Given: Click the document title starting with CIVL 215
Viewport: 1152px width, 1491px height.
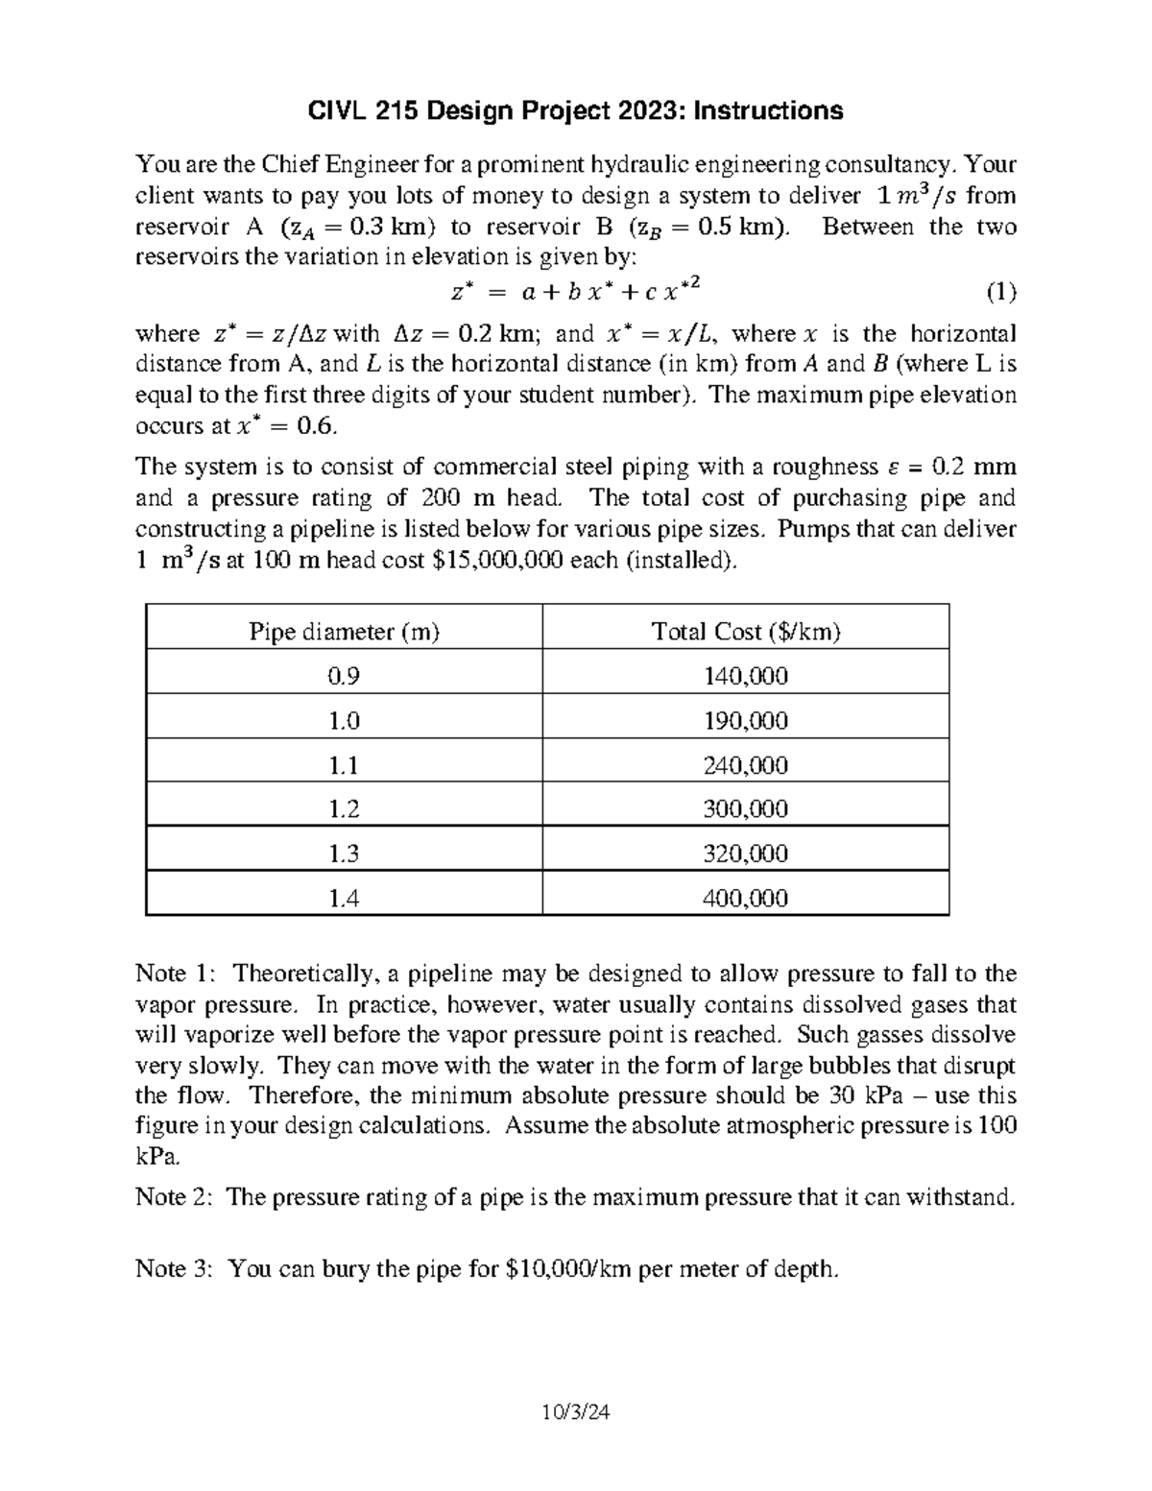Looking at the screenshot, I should pos(575,111).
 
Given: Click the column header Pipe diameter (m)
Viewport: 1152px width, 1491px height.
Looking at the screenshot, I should pos(344,632).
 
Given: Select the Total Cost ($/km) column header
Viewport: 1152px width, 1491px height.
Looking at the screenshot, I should pos(745,632).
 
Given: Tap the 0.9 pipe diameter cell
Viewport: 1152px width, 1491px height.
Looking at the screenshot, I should pos(344,676).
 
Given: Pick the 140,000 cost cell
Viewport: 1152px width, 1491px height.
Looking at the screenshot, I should pos(745,676).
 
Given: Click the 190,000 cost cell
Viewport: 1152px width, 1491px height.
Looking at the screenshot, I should pos(745,721).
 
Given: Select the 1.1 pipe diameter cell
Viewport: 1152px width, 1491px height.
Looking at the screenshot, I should pos(344,765).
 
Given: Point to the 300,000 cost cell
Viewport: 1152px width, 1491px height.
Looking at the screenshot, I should pos(745,809).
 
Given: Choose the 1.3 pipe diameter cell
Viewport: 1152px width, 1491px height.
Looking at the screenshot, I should pos(344,854).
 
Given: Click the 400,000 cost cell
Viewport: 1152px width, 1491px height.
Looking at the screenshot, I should pos(745,899).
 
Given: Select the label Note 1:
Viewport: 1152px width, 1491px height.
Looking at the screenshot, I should pos(176,974).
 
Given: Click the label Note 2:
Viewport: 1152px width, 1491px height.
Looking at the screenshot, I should pos(176,1197).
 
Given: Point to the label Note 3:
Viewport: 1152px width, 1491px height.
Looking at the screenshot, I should pos(176,1269).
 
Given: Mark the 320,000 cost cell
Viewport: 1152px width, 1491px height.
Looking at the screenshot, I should pos(745,854).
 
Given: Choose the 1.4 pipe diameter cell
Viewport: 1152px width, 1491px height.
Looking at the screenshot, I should pos(344,899).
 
